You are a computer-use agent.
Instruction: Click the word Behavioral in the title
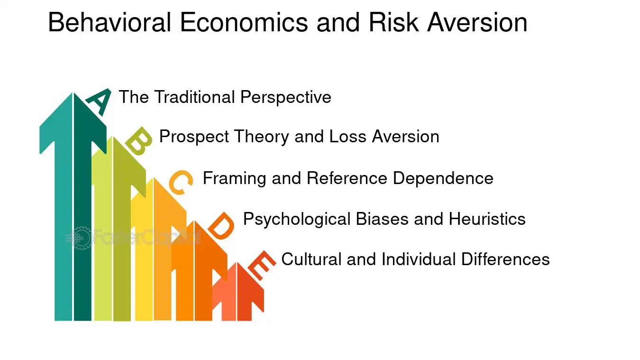point(110,22)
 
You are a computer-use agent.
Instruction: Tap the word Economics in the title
point(244,22)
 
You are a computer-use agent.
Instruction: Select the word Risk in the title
point(393,22)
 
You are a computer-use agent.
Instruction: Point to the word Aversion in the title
point(477,22)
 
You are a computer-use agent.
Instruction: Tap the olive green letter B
point(139,141)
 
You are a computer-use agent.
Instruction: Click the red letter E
point(262,265)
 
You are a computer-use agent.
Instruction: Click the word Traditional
point(194,97)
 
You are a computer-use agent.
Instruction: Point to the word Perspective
point(286,98)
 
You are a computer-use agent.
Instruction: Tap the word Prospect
point(194,137)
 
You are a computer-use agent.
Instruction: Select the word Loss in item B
point(347,137)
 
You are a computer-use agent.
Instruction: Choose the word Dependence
point(443,178)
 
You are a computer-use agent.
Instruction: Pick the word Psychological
point(297,219)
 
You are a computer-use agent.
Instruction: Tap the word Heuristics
point(487,219)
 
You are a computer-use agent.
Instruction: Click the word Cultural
point(311,259)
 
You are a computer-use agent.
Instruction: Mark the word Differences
point(505,259)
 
